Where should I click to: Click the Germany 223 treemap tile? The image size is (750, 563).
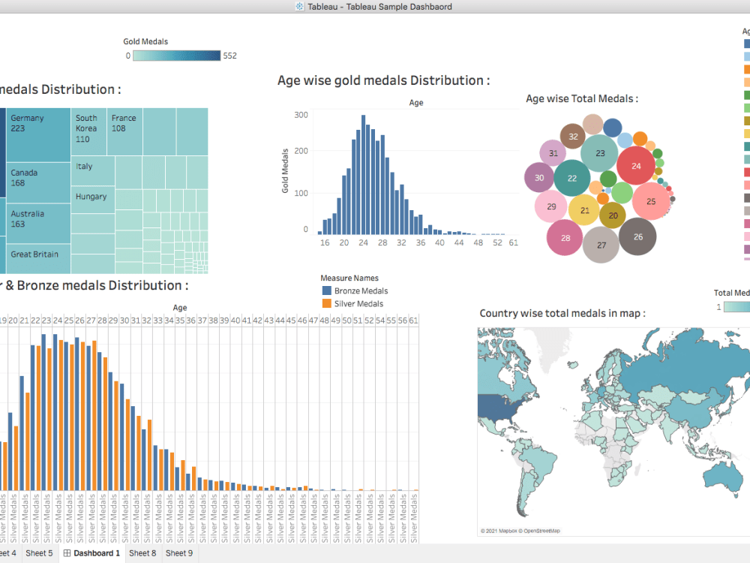click(x=38, y=135)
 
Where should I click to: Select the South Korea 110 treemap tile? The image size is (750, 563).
click(x=89, y=131)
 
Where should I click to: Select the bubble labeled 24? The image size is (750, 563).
click(x=637, y=167)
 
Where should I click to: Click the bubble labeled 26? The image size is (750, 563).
click(x=637, y=236)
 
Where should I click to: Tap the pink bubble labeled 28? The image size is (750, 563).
click(x=565, y=238)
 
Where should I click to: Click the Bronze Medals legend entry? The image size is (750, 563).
click(x=361, y=291)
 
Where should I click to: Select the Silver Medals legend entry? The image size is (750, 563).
click(x=358, y=304)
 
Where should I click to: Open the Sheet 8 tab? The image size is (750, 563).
click(x=142, y=553)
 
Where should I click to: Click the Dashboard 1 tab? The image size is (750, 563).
click(x=91, y=553)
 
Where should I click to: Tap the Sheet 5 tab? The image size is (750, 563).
click(x=39, y=553)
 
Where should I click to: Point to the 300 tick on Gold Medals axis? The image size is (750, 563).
click(x=301, y=115)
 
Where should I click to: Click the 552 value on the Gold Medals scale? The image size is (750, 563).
click(x=229, y=56)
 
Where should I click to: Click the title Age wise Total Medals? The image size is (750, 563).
click(x=581, y=98)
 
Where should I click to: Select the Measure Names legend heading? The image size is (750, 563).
click(x=349, y=278)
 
